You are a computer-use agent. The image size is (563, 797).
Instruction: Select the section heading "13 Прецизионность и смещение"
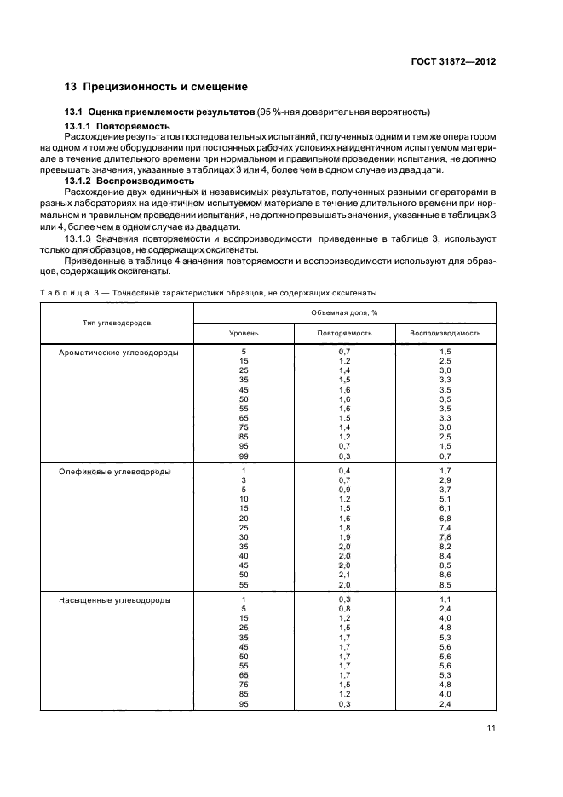(157, 87)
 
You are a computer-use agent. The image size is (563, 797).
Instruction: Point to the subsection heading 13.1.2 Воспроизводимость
(129, 181)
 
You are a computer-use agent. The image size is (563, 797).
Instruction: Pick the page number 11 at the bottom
(491, 727)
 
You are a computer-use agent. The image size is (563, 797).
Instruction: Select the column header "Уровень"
(244, 333)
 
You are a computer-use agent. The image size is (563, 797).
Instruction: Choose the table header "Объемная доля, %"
(345, 312)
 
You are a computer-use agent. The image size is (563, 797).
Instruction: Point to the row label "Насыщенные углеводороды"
(113, 600)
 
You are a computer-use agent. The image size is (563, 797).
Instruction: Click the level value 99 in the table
(244, 456)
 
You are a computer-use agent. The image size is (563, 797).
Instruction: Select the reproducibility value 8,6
(445, 576)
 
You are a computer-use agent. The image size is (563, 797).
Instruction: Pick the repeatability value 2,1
(344, 576)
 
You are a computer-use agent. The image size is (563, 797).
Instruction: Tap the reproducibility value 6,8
(445, 518)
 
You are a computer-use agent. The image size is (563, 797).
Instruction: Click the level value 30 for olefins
(244, 537)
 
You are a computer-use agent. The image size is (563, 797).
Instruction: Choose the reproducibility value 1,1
(445, 600)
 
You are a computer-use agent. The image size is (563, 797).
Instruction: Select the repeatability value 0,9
(344, 490)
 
